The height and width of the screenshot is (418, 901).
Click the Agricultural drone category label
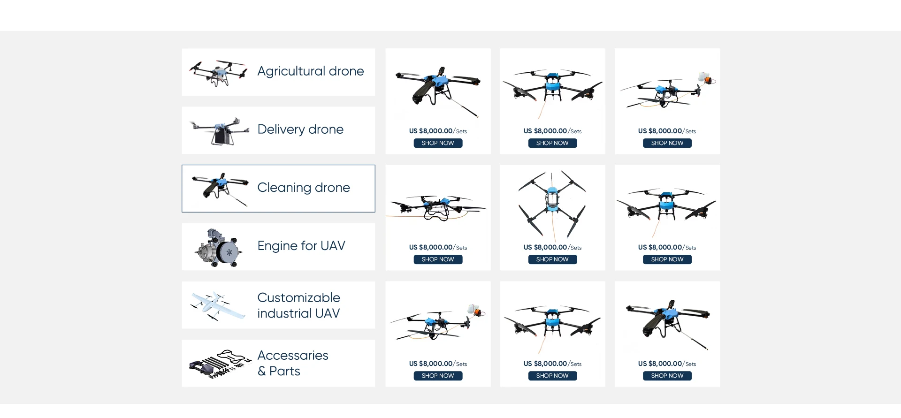tap(310, 71)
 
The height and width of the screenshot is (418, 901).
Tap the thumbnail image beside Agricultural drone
tap(218, 73)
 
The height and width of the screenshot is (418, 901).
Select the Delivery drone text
tap(300, 129)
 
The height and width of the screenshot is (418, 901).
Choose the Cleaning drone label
tap(304, 188)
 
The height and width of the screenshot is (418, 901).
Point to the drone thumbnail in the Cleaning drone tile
tap(220, 188)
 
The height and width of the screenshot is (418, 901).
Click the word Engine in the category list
tap(277, 246)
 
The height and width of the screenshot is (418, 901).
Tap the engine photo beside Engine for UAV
tap(219, 248)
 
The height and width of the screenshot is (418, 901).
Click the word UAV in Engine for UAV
tap(333, 246)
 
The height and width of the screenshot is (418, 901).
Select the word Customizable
tap(298, 298)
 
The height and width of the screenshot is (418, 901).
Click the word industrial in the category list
tap(284, 313)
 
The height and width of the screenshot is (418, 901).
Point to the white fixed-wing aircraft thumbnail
tap(217, 305)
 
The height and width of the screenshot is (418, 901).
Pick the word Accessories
tap(293, 356)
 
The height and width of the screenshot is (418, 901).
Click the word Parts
tap(285, 371)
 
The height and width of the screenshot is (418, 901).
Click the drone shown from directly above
tap(552, 203)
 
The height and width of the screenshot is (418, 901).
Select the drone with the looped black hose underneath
tap(437, 208)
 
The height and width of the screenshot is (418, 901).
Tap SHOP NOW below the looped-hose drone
tap(438, 259)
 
